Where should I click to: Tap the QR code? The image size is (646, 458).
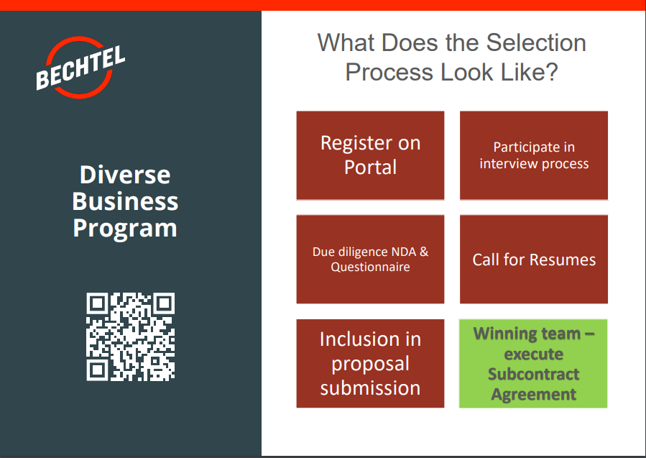click(x=131, y=336)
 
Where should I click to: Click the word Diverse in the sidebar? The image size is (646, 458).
click(x=125, y=175)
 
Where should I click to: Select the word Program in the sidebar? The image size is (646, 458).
click(x=125, y=228)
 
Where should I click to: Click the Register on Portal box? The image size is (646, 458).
click(x=370, y=155)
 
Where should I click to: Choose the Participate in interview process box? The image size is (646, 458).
click(x=534, y=155)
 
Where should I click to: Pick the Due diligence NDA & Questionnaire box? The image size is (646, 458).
click(x=370, y=259)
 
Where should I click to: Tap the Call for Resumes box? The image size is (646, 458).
click(x=534, y=259)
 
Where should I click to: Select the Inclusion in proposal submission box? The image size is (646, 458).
click(x=370, y=363)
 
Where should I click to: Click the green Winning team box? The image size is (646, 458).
click(x=533, y=363)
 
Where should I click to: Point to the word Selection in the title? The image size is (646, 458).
click(x=536, y=42)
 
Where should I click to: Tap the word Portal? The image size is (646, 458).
click(x=370, y=168)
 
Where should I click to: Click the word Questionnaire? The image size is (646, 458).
click(x=370, y=267)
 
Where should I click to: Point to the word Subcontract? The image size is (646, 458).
click(x=533, y=374)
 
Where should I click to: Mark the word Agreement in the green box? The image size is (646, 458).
click(x=533, y=394)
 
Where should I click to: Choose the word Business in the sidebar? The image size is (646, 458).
click(x=125, y=201)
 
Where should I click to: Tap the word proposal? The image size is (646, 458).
click(x=370, y=364)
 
